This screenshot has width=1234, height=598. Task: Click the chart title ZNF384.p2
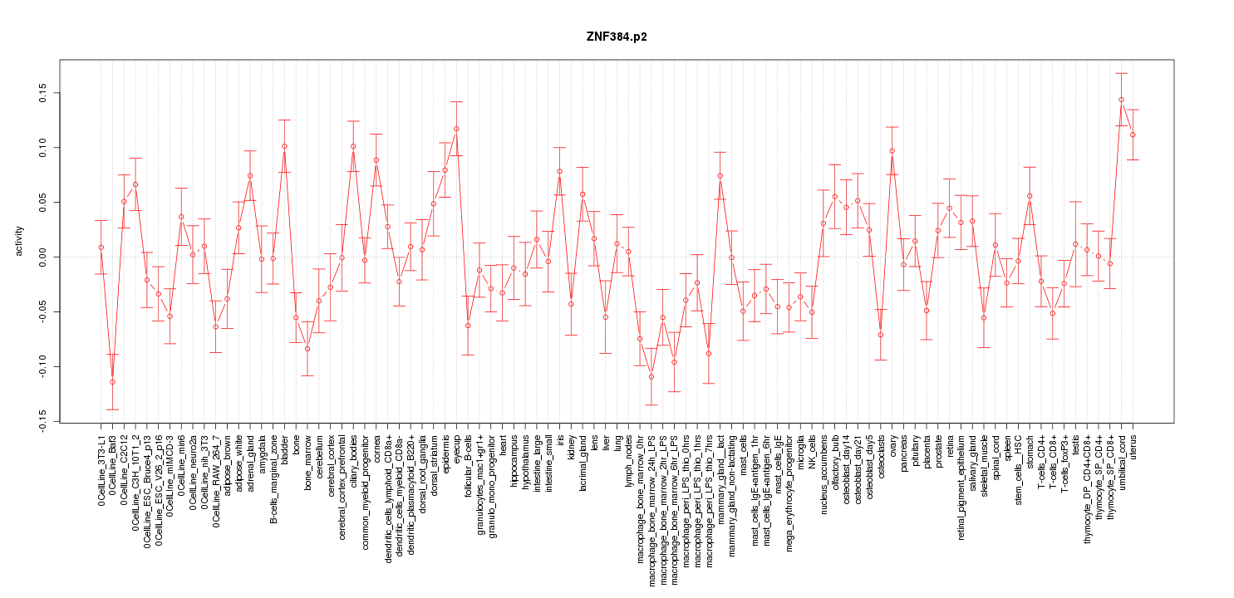coord(616,37)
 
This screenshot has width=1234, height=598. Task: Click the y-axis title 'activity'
coord(19,240)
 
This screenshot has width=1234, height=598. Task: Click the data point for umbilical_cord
coord(1121,100)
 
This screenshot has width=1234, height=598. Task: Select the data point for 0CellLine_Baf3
coord(112,382)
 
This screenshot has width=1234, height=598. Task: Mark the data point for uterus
coord(1133,135)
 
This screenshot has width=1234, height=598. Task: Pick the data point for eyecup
coord(456,129)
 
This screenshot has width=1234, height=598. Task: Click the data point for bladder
coord(284,146)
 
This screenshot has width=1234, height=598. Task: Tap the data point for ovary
coord(892,151)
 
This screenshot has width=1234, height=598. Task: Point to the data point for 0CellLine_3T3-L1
coord(101,248)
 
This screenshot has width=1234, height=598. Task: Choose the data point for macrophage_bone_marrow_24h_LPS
coord(651,376)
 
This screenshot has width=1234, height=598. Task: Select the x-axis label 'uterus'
coord(1133,448)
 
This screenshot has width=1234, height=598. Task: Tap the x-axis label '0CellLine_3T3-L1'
coord(101,471)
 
